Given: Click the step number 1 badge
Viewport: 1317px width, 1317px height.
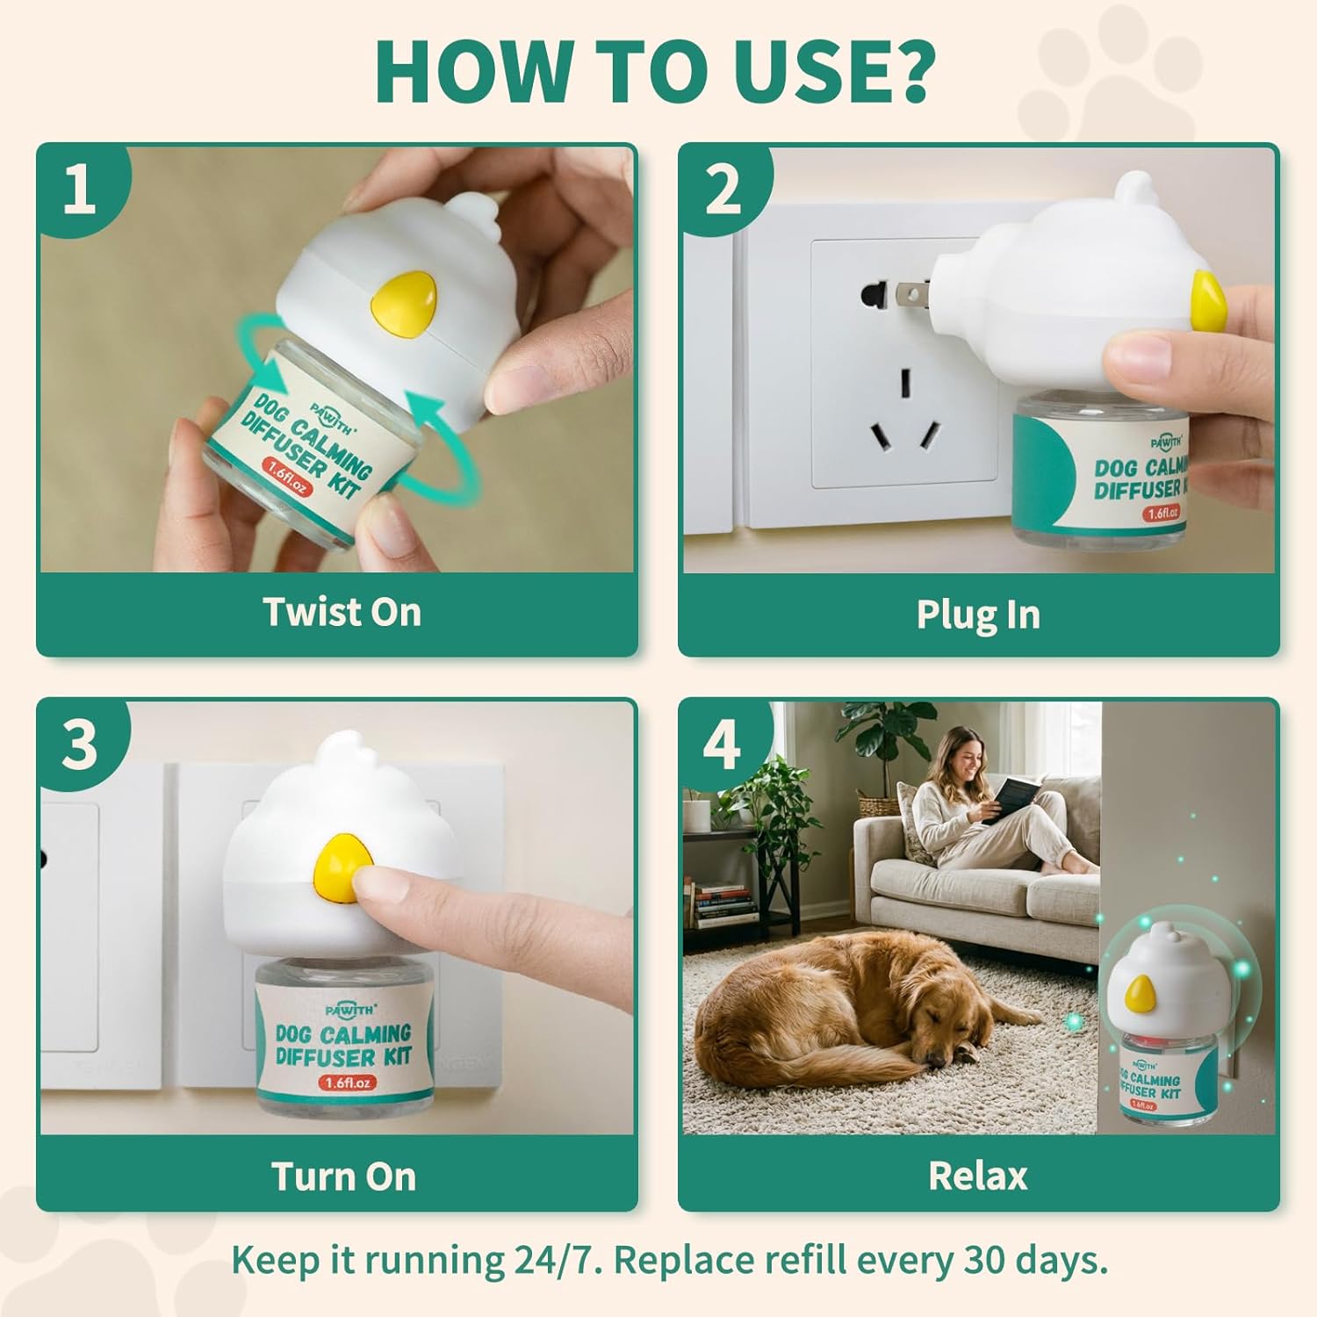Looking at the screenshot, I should (x=80, y=190).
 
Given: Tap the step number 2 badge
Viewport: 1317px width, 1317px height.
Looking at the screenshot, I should (x=723, y=190).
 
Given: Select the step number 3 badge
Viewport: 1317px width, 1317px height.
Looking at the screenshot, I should (x=80, y=745).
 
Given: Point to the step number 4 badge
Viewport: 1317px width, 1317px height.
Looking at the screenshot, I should (x=723, y=745).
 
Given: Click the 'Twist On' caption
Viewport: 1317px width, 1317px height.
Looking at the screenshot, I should (x=342, y=612).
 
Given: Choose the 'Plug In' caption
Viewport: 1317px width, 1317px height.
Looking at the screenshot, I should (x=978, y=615).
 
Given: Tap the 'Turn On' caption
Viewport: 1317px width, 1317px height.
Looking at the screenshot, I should (x=343, y=1177).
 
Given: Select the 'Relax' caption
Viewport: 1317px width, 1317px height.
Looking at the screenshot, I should (x=978, y=1176).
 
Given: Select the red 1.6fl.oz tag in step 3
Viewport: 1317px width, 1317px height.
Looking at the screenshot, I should (x=349, y=1083).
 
